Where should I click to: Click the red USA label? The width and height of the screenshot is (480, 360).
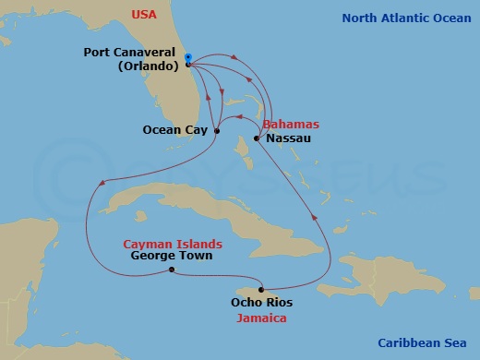(x=145, y=15)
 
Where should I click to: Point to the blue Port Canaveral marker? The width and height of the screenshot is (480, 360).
(x=188, y=58)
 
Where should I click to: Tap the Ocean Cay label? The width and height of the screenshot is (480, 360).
(x=174, y=130)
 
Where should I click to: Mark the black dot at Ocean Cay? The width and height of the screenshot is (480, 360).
(x=217, y=131)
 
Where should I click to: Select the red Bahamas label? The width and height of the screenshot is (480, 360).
(x=290, y=124)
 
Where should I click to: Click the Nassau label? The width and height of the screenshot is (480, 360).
(x=288, y=138)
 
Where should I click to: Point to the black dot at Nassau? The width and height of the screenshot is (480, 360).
(x=256, y=138)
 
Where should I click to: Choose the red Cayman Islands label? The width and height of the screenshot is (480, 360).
(x=172, y=244)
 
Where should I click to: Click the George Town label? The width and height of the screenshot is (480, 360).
(x=171, y=256)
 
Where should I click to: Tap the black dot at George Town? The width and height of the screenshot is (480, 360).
(x=172, y=270)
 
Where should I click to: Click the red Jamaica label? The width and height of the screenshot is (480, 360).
(x=259, y=318)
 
